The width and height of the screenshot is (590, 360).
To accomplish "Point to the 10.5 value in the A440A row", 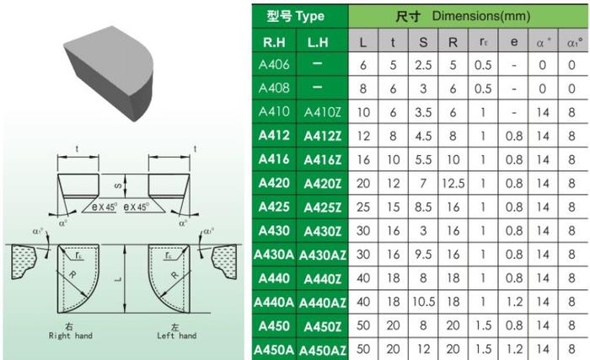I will click(426, 301).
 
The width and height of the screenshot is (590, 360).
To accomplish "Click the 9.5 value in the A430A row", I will click(426, 254).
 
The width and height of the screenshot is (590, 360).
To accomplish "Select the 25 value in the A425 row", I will click(362, 206).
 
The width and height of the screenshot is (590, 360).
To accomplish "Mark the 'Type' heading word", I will click(309, 16).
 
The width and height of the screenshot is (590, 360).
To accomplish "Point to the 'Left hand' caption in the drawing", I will click(176, 336).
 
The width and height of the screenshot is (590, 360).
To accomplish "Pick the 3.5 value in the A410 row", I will click(426, 112).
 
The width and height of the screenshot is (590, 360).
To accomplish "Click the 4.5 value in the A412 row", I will click(426, 135).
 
